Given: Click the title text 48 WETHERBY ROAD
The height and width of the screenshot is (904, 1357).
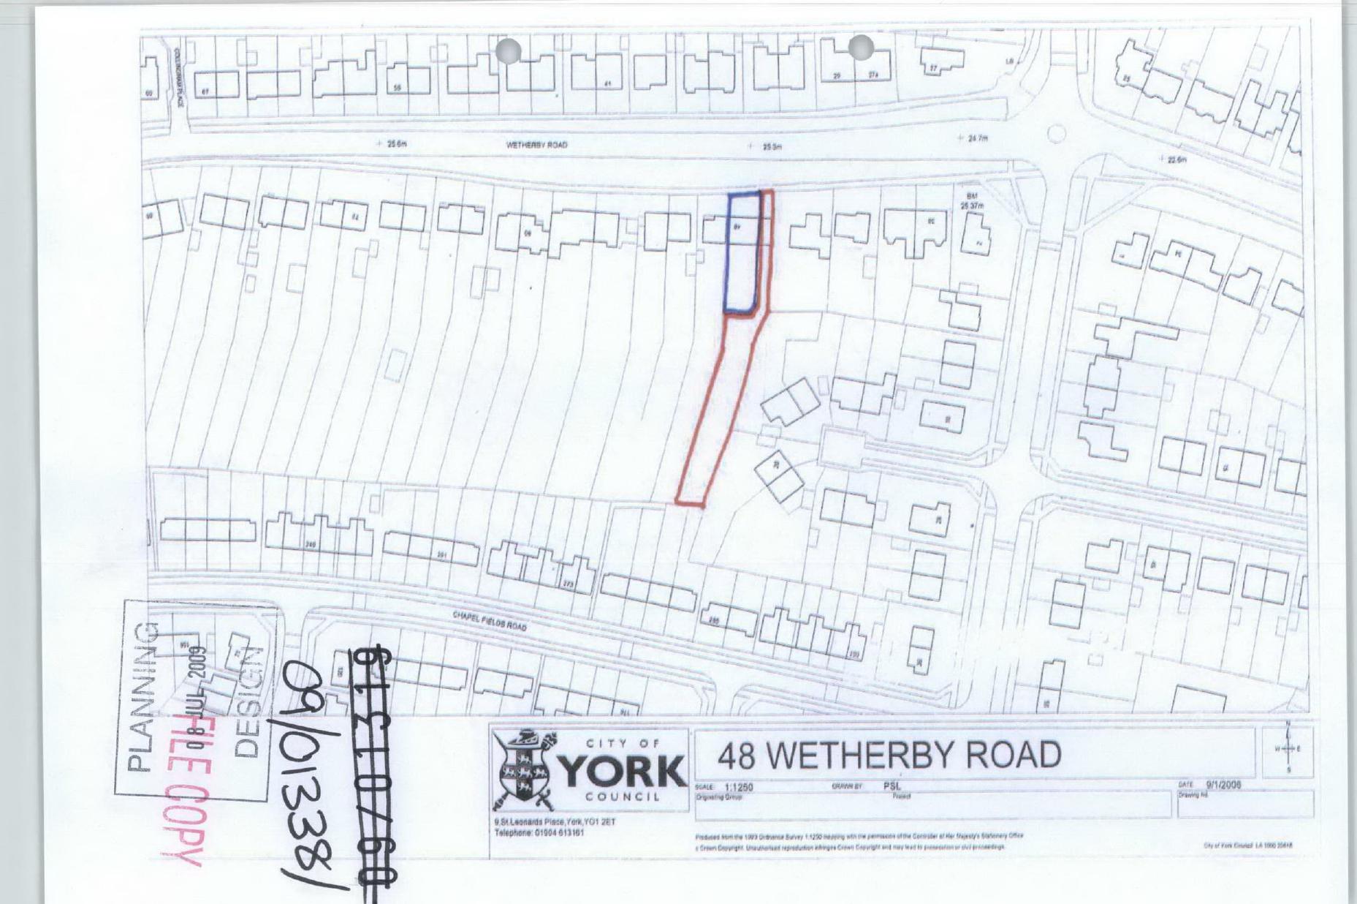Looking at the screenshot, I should coord(889,755).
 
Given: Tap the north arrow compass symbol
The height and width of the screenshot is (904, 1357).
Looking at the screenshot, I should coord(1288,748).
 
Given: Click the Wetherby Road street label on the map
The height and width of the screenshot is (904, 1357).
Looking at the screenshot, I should coord(536,145).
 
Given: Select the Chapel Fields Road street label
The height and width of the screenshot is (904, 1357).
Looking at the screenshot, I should coord(490,622).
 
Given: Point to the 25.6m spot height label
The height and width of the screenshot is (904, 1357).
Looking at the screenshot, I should coord(396,143).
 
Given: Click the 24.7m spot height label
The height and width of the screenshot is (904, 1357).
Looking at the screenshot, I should coord(977,138).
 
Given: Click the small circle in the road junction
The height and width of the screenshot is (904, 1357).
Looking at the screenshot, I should coord(1056,134).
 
